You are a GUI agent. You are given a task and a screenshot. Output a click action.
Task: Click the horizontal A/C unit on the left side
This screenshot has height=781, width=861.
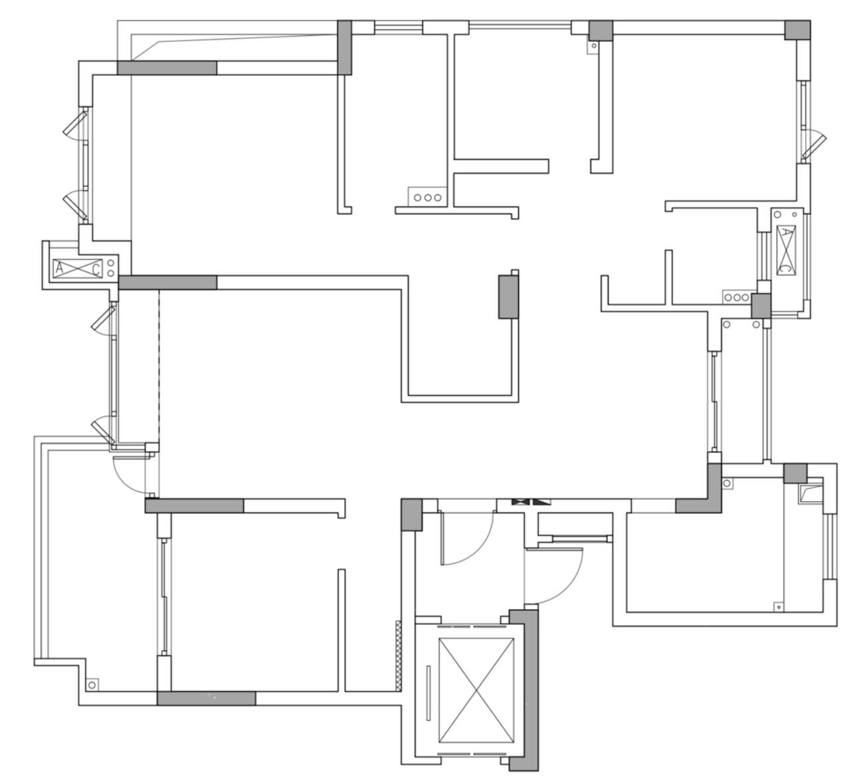tap(78, 268)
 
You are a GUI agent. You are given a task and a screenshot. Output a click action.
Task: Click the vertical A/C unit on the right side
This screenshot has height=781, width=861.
tap(786, 250)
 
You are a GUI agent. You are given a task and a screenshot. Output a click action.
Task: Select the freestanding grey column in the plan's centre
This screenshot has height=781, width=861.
tap(508, 297)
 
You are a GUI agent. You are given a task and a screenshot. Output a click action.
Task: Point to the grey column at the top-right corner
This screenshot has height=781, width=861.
tap(797, 30)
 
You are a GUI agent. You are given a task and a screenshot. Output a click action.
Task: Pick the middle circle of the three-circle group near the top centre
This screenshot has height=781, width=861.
tap(427, 198)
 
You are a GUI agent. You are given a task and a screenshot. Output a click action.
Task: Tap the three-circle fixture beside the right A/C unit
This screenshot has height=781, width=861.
tap(737, 298)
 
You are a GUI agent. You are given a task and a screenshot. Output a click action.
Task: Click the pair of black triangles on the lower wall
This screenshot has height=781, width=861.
tap(531, 501)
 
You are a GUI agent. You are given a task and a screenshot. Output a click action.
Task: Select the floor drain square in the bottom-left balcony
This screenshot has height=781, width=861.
tap(92, 685)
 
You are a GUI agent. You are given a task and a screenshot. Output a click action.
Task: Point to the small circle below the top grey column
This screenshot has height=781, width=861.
tap(594, 45)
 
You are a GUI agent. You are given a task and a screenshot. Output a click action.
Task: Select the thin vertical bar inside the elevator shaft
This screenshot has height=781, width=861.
tap(428, 693)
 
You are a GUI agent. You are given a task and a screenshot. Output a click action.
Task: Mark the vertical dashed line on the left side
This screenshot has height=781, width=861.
tap(159, 367)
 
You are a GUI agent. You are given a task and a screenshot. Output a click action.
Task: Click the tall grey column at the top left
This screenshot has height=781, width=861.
tap(344, 47)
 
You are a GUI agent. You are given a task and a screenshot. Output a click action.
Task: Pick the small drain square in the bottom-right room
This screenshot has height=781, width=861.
tap(778, 607)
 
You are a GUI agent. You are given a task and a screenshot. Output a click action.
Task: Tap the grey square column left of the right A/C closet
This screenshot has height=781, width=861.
tap(761, 305)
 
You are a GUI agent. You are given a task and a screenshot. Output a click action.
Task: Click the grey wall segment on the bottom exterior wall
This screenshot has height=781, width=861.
tap(206, 698)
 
